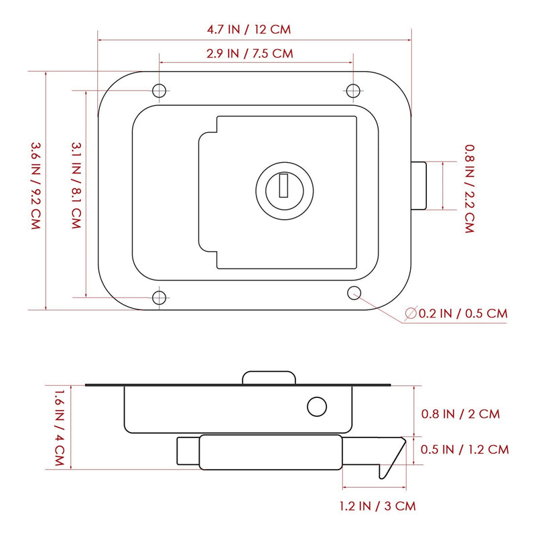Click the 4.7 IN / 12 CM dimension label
[x=249, y=29]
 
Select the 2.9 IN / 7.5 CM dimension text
[x=250, y=54]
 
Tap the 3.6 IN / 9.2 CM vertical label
[x=36, y=186]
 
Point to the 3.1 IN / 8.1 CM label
[x=76, y=186]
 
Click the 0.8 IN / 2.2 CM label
[x=470, y=189]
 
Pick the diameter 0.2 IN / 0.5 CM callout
[x=456, y=314]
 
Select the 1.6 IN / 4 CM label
[x=60, y=427]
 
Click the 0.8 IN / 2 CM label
[x=460, y=414]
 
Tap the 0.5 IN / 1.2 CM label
[x=464, y=450]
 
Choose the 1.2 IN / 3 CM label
[x=378, y=507]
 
